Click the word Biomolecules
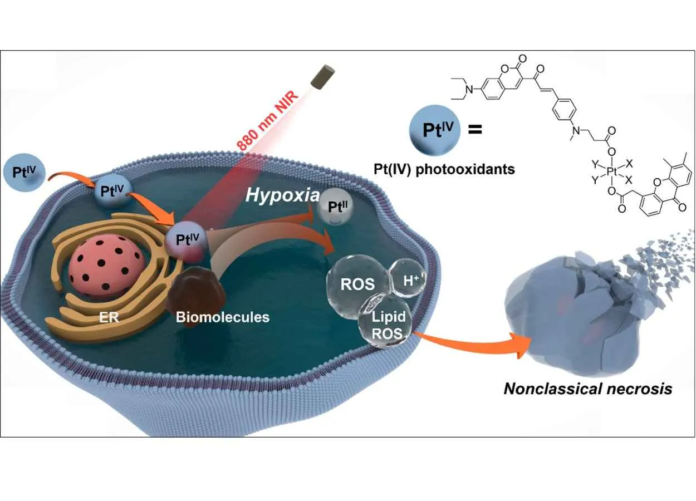222,317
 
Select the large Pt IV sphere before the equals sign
434,131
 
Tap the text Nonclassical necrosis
587,388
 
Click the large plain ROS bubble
357,283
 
